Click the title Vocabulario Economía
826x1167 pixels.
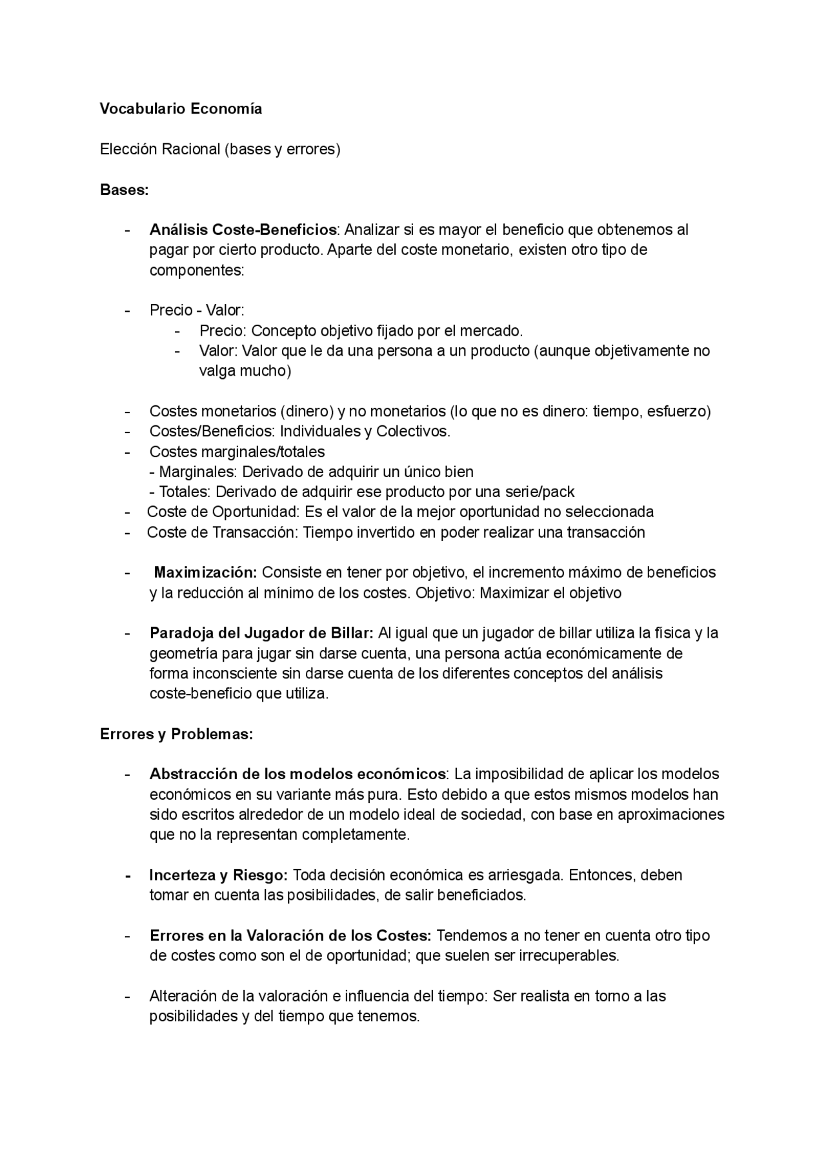(181, 108)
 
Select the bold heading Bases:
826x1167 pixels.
(124, 190)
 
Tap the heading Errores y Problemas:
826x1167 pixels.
(176, 734)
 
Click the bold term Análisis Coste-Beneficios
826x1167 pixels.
(243, 230)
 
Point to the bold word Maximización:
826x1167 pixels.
(205, 573)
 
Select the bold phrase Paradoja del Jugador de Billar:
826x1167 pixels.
(261, 633)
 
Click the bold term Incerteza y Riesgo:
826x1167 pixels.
(218, 875)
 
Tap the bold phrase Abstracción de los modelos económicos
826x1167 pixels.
(297, 774)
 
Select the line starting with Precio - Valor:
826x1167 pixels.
(197, 310)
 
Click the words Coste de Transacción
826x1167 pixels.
(222, 533)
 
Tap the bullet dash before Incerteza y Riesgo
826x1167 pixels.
(128, 876)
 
